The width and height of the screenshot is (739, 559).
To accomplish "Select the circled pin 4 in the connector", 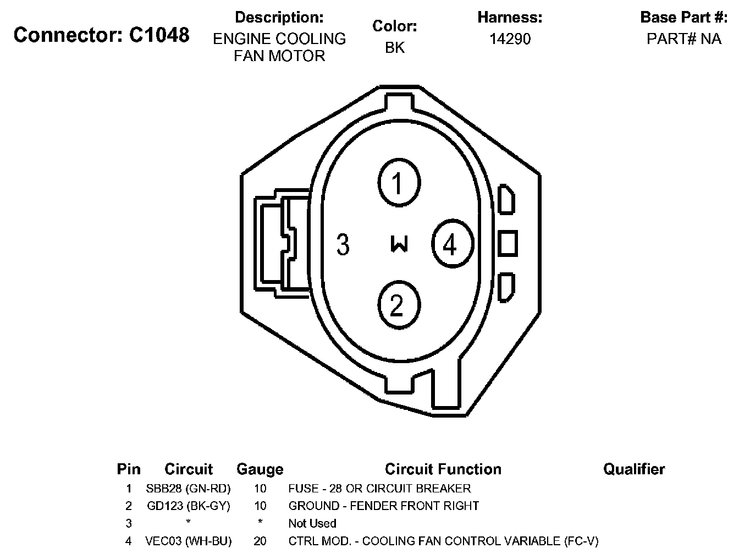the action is tap(452, 244).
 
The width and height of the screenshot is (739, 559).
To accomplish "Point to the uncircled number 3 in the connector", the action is tap(343, 244).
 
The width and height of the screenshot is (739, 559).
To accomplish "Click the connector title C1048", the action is tap(102, 35).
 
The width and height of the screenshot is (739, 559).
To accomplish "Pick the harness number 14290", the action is tap(510, 39).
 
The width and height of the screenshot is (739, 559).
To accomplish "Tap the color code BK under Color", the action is tap(394, 48).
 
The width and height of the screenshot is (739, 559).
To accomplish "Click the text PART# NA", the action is tap(683, 39).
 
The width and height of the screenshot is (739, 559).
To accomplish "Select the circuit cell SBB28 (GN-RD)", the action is tap(188, 489).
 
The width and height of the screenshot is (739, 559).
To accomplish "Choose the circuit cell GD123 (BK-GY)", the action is tap(188, 506).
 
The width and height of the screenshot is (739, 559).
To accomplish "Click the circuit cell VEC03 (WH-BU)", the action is tap(188, 541).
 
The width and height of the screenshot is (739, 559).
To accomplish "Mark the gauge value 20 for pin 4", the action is tap(260, 541).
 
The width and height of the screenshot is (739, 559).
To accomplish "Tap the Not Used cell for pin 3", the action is tap(312, 523).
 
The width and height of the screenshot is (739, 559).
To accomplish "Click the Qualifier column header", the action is tap(633, 469).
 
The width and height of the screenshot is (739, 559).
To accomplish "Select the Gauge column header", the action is tap(260, 469).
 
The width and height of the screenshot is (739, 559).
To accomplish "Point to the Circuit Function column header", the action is tap(443, 469).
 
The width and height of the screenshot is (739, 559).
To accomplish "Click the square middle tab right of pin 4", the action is tap(508, 243).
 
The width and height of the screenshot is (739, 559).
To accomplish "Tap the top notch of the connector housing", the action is tap(399, 101).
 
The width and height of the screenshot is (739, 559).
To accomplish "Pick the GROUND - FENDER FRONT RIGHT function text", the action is tap(383, 506).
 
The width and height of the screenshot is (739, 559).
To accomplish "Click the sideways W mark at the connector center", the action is tap(399, 244).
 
